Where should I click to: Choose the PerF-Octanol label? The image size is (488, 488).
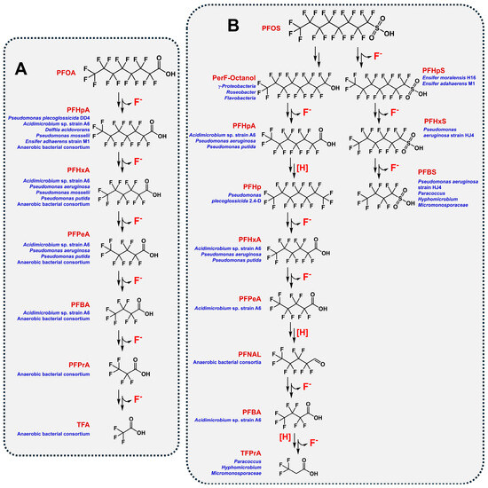click(x=227, y=79)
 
